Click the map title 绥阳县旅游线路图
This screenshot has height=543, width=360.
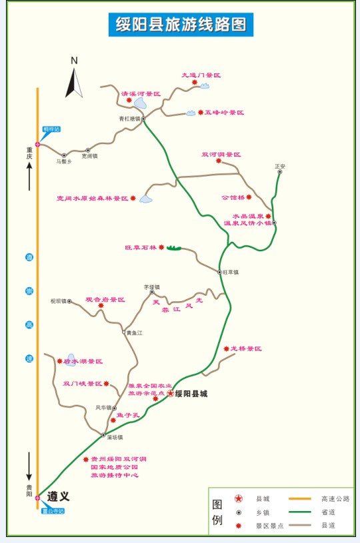click(x=180, y=25)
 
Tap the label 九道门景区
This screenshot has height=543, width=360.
click(x=201, y=76)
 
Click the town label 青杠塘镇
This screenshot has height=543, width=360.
click(x=130, y=119)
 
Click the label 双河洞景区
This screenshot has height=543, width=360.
click(x=221, y=155)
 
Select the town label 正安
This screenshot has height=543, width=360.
click(x=280, y=166)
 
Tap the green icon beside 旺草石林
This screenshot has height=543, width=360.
click(x=173, y=248)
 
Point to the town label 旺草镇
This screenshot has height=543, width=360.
click(x=231, y=272)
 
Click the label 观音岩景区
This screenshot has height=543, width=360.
click(x=105, y=300)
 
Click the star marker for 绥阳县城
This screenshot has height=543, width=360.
click(x=170, y=394)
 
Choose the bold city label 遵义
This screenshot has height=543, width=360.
click(x=58, y=496)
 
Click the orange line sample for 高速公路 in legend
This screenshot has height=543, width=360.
click(x=300, y=498)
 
